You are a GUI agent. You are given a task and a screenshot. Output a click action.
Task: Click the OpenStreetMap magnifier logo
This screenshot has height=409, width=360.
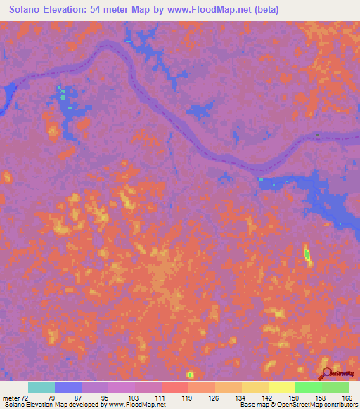326,373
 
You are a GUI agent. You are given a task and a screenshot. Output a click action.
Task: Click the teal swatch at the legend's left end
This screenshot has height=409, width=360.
41,387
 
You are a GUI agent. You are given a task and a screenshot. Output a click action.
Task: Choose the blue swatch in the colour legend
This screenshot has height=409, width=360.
68,387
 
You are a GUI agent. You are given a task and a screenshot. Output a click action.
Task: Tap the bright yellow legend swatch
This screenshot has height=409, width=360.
281,387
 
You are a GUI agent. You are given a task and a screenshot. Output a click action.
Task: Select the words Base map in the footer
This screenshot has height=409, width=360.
251,405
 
